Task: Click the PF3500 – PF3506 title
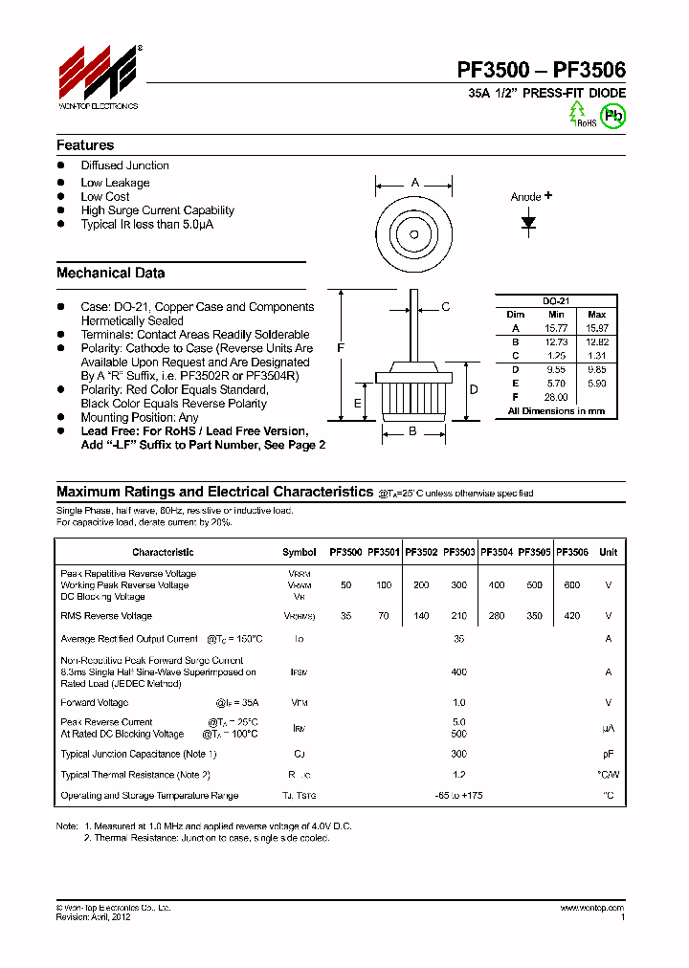pos(541,70)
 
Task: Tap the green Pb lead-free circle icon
pos(612,115)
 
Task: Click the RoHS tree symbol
pos(578,113)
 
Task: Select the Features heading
pos(85,145)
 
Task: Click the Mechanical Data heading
pos(110,273)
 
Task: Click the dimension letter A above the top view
pos(414,183)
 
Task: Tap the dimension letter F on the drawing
pos(340,349)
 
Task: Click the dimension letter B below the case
pos(413,431)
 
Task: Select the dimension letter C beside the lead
pos(445,307)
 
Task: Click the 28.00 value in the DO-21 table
pos(556,396)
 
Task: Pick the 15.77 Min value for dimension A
pos(556,328)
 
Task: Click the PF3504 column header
pos(497,552)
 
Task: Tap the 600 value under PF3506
pos(572,584)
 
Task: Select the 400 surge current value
pos(458,672)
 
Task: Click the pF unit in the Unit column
pos(608,755)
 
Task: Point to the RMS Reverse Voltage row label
pos(106,616)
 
